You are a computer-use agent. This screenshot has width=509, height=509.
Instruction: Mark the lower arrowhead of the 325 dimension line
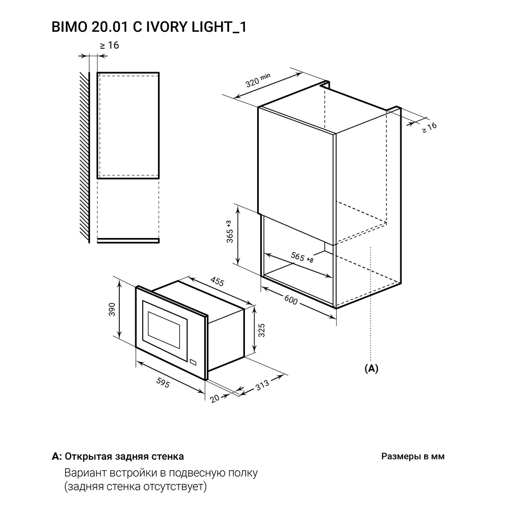tap(255, 351)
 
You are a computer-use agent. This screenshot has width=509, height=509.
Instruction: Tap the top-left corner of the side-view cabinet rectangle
tap(98, 73)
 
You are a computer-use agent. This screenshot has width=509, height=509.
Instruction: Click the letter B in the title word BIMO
tap(56, 27)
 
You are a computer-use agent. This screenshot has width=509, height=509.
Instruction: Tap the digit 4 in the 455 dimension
tap(213, 279)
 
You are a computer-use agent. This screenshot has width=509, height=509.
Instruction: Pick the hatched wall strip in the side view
tap(84, 157)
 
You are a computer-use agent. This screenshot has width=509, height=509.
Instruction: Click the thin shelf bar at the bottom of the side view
tap(128, 241)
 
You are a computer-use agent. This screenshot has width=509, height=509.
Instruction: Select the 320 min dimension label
tap(258, 80)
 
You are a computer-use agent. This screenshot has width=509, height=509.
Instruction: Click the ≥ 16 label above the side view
tap(109, 46)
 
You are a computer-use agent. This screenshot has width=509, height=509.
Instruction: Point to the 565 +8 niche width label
tap(302, 258)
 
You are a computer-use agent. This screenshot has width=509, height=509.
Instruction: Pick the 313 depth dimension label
tap(262, 385)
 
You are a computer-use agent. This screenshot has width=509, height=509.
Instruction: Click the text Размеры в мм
tap(413, 457)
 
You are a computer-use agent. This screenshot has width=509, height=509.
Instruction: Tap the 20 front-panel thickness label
tap(215, 398)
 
